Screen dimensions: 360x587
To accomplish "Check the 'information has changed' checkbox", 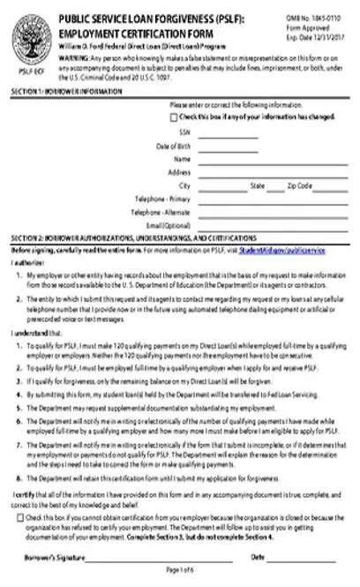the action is (x=174, y=117).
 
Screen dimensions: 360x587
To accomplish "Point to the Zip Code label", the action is (x=299, y=186).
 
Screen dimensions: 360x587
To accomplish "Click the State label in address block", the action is (x=258, y=186).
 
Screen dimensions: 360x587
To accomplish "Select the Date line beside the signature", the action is (x=304, y=558).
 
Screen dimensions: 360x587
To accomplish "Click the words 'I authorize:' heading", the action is (x=26, y=262).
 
